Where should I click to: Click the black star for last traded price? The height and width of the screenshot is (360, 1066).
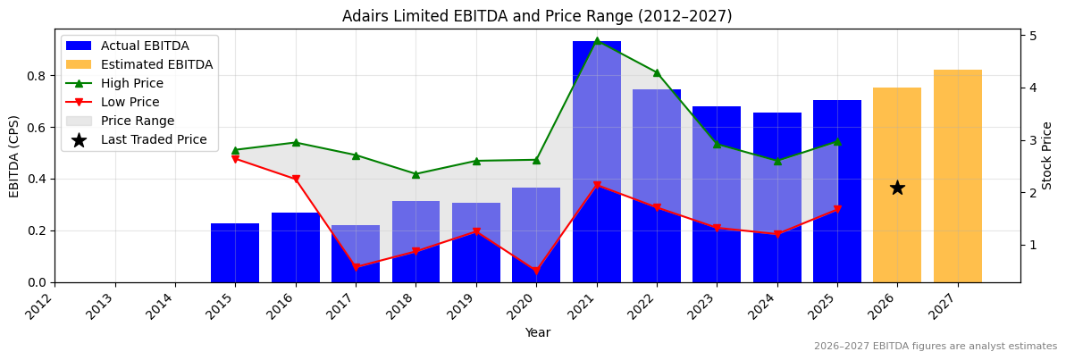click(x=897, y=188)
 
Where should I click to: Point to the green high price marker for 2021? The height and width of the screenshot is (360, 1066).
click(x=597, y=41)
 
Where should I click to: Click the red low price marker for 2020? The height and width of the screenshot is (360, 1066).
click(x=536, y=271)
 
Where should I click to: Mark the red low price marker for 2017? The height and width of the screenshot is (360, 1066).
click(x=356, y=267)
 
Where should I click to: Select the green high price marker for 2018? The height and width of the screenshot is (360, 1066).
click(x=415, y=174)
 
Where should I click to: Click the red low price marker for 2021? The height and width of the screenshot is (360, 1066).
click(x=597, y=186)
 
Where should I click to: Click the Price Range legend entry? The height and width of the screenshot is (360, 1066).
click(x=138, y=121)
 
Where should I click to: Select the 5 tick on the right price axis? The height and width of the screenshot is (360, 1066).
click(x=1033, y=36)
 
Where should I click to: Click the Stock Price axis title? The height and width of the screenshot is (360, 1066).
click(x=1047, y=155)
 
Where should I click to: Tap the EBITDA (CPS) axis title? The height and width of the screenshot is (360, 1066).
click(x=14, y=155)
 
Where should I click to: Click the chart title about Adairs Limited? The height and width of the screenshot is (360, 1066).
click(x=537, y=16)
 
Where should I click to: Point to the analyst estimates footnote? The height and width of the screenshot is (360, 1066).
click(x=935, y=347)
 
